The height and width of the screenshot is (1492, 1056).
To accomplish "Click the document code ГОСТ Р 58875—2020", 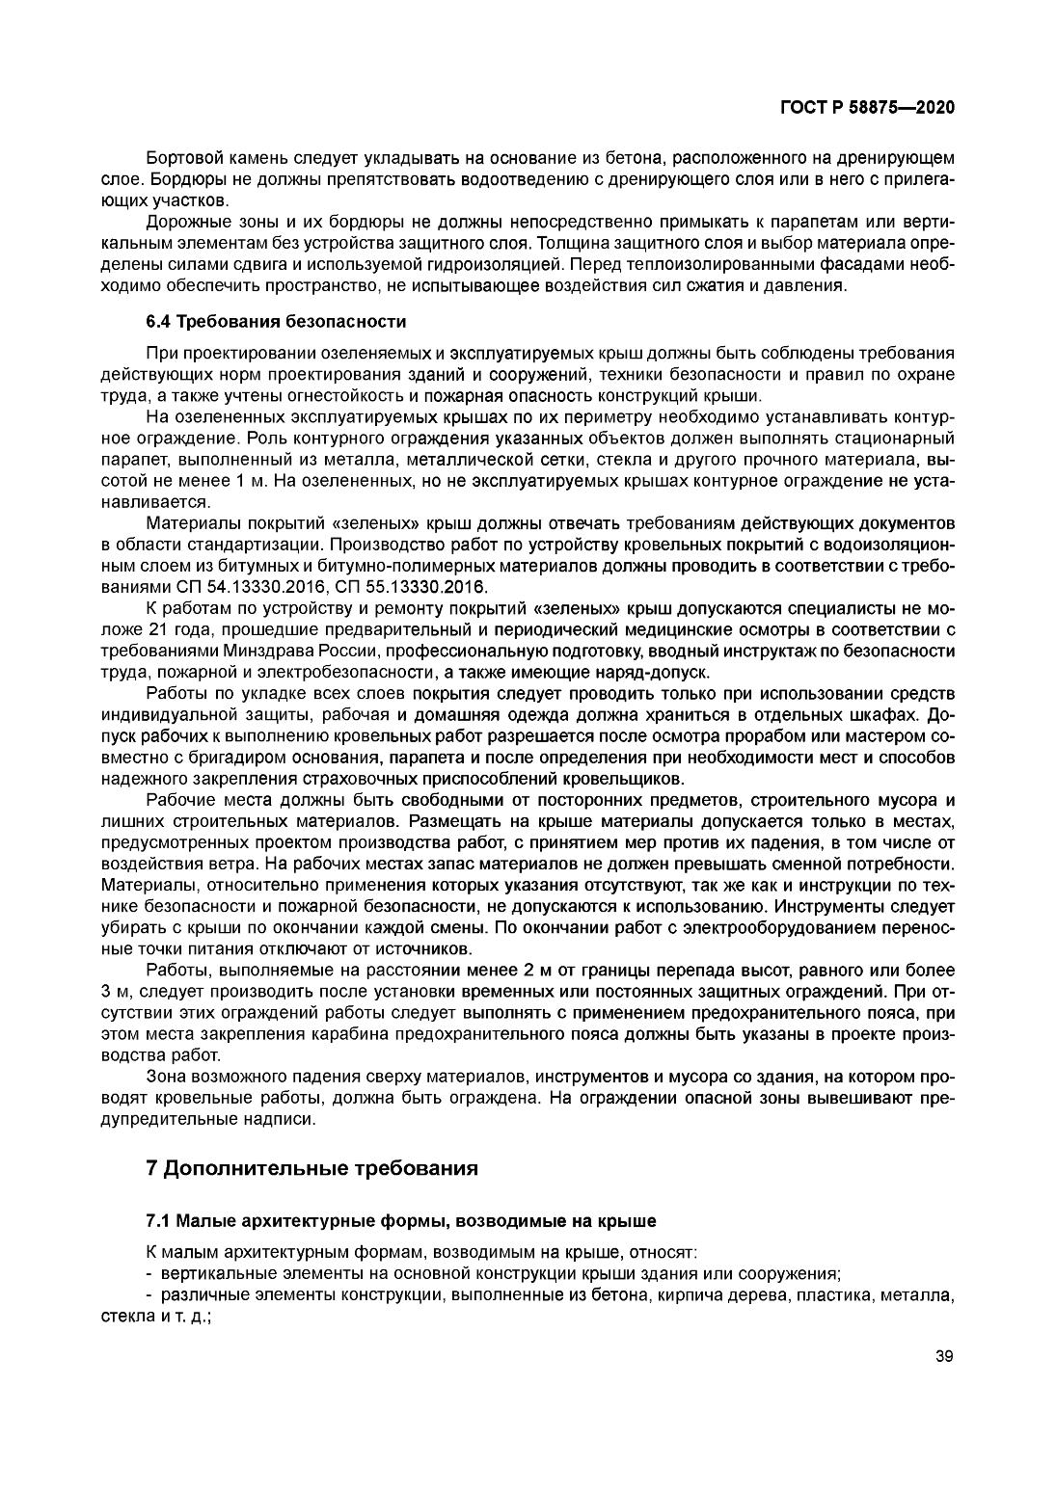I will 867,108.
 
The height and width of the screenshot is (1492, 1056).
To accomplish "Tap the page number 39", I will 944,1357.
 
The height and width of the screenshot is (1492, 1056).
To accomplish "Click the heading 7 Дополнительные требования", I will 311,1169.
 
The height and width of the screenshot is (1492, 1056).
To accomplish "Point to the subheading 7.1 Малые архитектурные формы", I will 400,1221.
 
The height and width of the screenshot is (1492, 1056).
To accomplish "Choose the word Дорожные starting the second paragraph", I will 184,222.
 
